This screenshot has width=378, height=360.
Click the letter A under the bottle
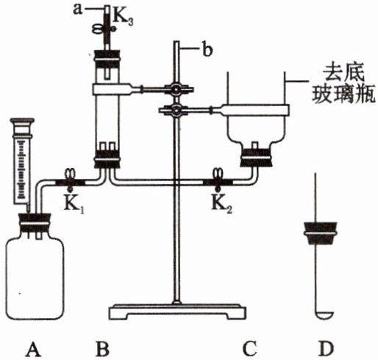[x=33, y=349]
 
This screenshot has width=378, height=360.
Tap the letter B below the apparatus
[x=102, y=349]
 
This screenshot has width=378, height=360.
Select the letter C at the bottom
[x=249, y=349]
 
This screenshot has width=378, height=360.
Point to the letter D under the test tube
[x=326, y=349]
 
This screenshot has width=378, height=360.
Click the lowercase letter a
[x=79, y=10]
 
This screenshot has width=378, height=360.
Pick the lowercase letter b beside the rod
[x=207, y=50]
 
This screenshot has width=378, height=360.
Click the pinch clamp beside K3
[x=104, y=29]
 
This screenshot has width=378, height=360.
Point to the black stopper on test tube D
[x=320, y=233]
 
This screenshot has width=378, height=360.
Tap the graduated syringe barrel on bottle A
[x=22, y=160]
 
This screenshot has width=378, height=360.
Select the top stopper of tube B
[x=107, y=58]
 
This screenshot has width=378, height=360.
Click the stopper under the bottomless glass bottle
[x=255, y=157]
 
